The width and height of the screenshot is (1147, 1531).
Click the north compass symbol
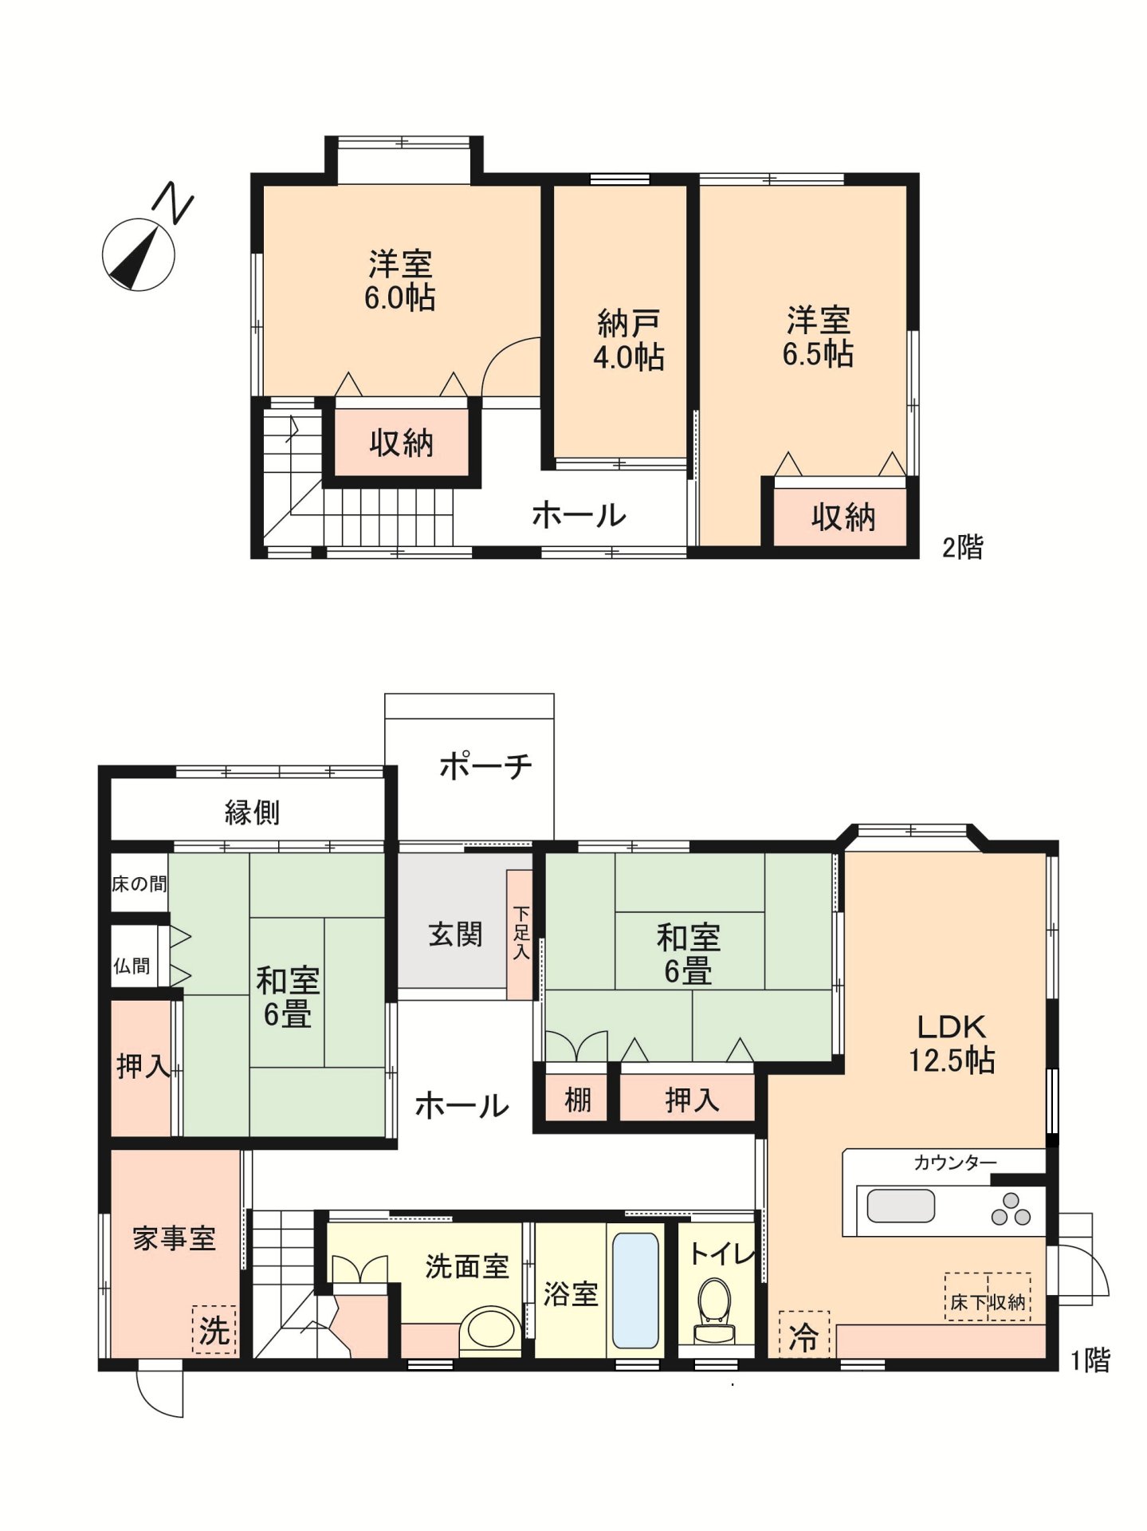click(x=139, y=253)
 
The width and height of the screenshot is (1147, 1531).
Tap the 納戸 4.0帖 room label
click(x=629, y=340)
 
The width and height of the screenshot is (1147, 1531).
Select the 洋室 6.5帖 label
click(x=818, y=337)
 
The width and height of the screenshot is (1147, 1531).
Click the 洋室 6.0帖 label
click(x=400, y=281)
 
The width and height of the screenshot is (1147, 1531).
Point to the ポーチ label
click(x=485, y=766)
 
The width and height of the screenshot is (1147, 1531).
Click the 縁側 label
click(x=252, y=813)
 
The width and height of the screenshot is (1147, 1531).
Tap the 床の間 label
click(x=139, y=884)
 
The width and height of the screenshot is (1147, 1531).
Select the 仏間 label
click(x=132, y=966)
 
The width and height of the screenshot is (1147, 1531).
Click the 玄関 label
click(x=455, y=935)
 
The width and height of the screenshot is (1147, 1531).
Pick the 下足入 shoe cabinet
click(x=520, y=934)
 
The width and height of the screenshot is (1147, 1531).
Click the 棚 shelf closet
click(x=577, y=1100)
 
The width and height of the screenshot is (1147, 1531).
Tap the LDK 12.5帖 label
click(x=952, y=1043)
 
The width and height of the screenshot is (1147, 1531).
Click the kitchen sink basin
click(x=901, y=1206)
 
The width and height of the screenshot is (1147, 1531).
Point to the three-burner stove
click(x=1011, y=1209)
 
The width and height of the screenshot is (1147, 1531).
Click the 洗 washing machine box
click(x=214, y=1330)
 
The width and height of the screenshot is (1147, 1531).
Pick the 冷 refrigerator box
click(x=803, y=1336)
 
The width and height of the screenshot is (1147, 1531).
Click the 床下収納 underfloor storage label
click(x=988, y=1302)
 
